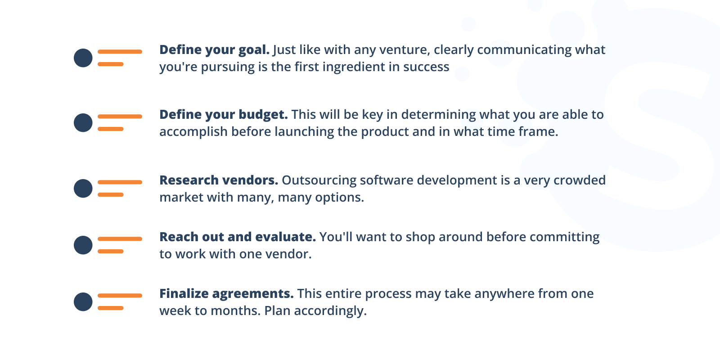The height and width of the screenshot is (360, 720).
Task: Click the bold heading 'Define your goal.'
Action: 214,49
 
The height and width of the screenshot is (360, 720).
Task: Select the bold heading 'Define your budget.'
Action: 223,114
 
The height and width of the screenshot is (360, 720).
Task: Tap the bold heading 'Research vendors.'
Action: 219,180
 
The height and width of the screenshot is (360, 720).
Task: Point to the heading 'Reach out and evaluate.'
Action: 238,237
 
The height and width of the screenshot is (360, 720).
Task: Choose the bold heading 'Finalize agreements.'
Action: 226,293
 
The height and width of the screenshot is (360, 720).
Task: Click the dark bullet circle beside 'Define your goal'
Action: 83,58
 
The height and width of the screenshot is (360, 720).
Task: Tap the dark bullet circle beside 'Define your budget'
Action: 83,123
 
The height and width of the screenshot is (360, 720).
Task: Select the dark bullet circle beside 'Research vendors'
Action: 83,189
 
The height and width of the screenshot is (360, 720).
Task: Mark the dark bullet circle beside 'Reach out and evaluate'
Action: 83,245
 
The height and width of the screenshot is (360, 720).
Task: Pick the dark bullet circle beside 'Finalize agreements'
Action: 83,302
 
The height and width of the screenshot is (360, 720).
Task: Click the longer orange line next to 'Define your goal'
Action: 120,52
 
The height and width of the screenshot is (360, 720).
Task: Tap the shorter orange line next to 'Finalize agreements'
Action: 111,308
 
